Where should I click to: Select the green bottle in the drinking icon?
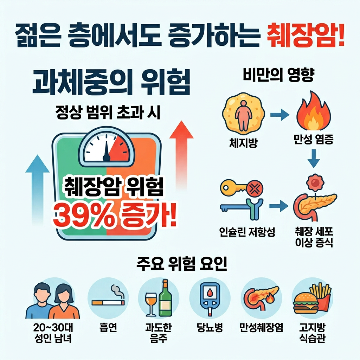(164, 298)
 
